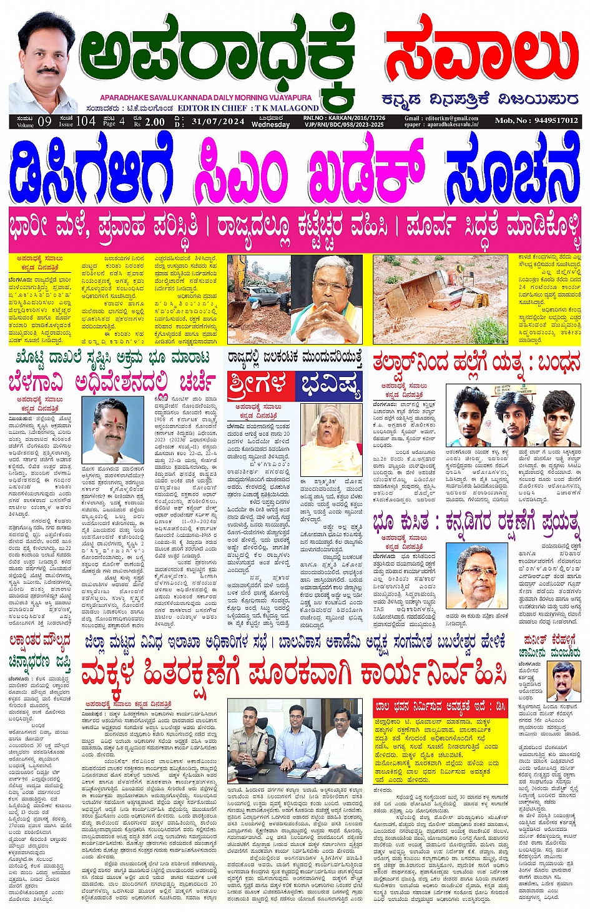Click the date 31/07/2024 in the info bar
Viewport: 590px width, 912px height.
click(218, 121)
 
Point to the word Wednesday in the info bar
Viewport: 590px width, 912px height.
click(270, 125)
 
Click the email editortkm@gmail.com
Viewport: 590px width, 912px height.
click(441, 118)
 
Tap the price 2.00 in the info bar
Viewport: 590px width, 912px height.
click(155, 122)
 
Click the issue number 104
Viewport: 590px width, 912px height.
click(86, 121)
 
